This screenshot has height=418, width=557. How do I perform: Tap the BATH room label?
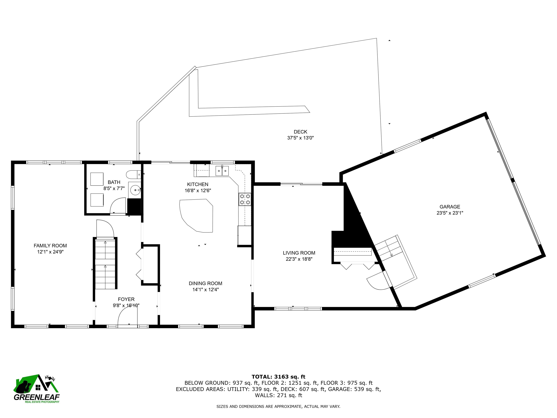point(114,182)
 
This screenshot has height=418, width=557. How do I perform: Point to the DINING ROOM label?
point(205,283)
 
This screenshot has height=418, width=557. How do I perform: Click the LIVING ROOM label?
point(299,253)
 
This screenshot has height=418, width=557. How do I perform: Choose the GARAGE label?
point(450,207)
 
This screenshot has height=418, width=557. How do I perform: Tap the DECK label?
point(300,132)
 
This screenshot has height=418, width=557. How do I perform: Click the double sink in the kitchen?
point(222,171)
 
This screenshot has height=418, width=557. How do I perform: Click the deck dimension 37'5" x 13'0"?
point(300,138)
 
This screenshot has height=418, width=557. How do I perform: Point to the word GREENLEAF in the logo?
point(36,397)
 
